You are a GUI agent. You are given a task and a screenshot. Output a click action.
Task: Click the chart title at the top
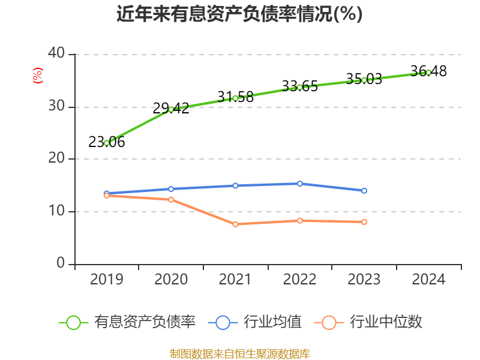point(239,14)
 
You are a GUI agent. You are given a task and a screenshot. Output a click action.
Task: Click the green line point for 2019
point(107,143)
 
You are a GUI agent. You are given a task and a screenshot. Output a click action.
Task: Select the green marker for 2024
point(428,72)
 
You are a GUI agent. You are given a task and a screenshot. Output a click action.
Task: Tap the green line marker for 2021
point(235,98)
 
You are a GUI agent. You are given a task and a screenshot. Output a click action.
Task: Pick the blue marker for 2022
point(300,184)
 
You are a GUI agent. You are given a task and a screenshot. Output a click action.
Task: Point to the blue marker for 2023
point(364,191)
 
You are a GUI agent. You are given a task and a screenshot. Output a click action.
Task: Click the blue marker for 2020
point(171,189)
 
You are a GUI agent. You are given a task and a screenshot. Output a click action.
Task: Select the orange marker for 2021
point(235,224)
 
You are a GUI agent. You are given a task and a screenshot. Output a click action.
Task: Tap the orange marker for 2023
point(364,222)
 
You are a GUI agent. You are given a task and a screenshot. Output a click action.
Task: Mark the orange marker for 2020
point(171,199)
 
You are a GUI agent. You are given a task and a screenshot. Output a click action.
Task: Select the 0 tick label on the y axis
point(61,263)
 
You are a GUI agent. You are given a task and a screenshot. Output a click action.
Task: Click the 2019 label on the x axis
point(107,280)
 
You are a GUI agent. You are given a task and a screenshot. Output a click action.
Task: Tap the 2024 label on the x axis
point(428,280)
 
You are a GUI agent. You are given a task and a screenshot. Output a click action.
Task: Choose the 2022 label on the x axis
point(300,280)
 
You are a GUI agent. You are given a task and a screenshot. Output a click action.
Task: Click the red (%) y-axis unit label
point(37,76)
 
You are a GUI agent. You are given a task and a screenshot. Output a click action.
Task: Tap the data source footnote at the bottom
point(239,353)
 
